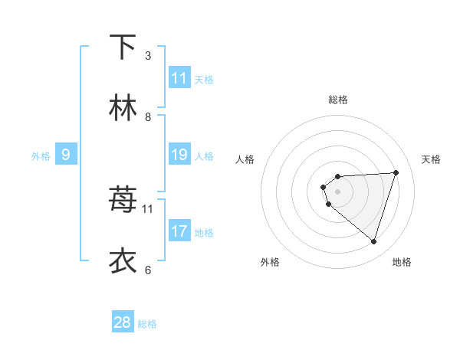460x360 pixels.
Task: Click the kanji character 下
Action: point(123,47)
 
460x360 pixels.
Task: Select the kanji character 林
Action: point(123,108)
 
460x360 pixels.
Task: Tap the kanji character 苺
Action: point(123,200)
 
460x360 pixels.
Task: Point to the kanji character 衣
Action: point(123,261)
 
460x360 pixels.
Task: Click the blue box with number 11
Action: point(179,78)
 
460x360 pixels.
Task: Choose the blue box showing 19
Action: point(179,155)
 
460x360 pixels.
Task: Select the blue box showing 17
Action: point(179,231)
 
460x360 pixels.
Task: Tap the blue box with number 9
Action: point(66,155)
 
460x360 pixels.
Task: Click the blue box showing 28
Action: point(123,322)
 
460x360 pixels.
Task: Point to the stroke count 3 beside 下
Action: point(148,56)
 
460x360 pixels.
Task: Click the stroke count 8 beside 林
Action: point(148,117)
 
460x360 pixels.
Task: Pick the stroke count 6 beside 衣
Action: point(148,270)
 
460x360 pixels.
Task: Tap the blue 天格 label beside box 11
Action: point(204,79)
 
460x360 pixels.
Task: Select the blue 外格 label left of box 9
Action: point(41,155)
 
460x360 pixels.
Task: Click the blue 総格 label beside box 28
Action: point(147,323)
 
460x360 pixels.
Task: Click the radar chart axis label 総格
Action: point(338,100)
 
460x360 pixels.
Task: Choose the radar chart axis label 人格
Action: point(245,159)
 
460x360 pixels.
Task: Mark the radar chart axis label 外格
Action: point(270,262)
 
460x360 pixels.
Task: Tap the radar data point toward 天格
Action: point(396,172)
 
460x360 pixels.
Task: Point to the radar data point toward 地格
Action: point(373,241)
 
